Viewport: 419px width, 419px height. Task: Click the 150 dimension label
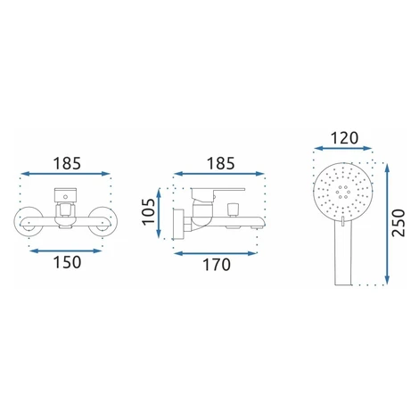[x=67, y=262]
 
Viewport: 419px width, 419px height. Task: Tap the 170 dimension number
[x=217, y=265]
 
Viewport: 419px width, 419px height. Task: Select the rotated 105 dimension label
[x=148, y=212]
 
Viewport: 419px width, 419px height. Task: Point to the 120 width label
[x=344, y=138]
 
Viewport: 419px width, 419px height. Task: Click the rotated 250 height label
[x=398, y=223]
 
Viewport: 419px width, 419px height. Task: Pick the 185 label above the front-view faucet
[x=67, y=164]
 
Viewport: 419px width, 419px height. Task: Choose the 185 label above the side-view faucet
[x=220, y=164]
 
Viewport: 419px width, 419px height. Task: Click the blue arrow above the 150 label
[x=66, y=251]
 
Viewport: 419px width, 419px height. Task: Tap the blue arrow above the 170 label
[x=216, y=253]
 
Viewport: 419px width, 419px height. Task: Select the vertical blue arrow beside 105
[x=159, y=213]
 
